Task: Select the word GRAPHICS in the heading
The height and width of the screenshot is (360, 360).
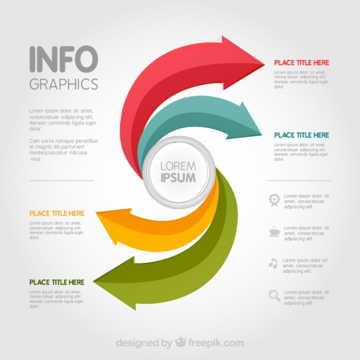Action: (63, 84)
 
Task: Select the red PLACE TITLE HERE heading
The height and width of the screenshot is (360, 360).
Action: (301, 63)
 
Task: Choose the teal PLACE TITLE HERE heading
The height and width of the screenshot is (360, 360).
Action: (301, 135)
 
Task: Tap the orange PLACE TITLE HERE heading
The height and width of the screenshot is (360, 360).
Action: (57, 213)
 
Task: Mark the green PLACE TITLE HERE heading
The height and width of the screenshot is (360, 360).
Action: (57, 282)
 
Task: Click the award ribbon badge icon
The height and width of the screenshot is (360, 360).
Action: (274, 200)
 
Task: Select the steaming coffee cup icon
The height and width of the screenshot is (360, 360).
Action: (274, 231)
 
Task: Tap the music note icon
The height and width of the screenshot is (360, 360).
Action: (273, 263)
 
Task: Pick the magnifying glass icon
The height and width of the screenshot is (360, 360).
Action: (274, 296)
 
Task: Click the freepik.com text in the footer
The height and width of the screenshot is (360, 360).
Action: (218, 343)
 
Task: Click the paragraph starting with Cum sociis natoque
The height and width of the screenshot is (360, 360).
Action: (63, 150)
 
